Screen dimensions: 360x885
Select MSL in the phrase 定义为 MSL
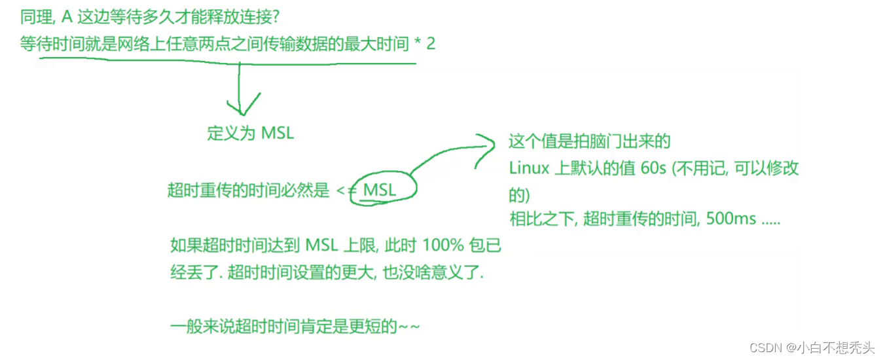point(278,133)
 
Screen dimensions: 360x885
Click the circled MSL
point(380,190)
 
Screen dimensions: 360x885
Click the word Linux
point(529,168)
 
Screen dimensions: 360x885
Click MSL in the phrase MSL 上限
point(321,246)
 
